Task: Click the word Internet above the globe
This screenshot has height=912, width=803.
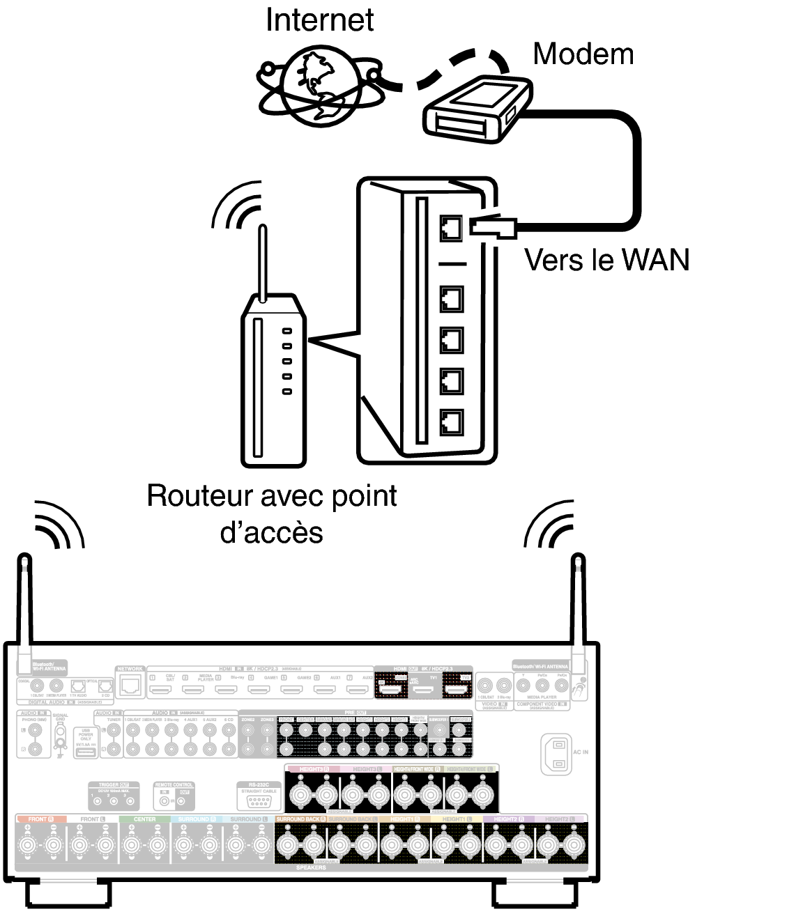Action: pos(319,20)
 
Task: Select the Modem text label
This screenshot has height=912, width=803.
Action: pos(583,54)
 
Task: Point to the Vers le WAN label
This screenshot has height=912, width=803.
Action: pos(606,260)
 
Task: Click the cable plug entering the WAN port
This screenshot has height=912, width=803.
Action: pos(492,226)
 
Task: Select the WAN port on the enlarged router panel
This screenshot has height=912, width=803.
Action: pos(451,227)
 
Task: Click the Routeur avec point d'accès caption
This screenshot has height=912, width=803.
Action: pos(272,513)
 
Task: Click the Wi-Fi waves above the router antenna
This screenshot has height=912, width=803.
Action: pos(237,206)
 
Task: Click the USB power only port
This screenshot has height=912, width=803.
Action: pos(86,752)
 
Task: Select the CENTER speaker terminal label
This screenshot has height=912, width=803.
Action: pos(144,819)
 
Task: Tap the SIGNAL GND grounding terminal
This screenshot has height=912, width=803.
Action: pos(61,732)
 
